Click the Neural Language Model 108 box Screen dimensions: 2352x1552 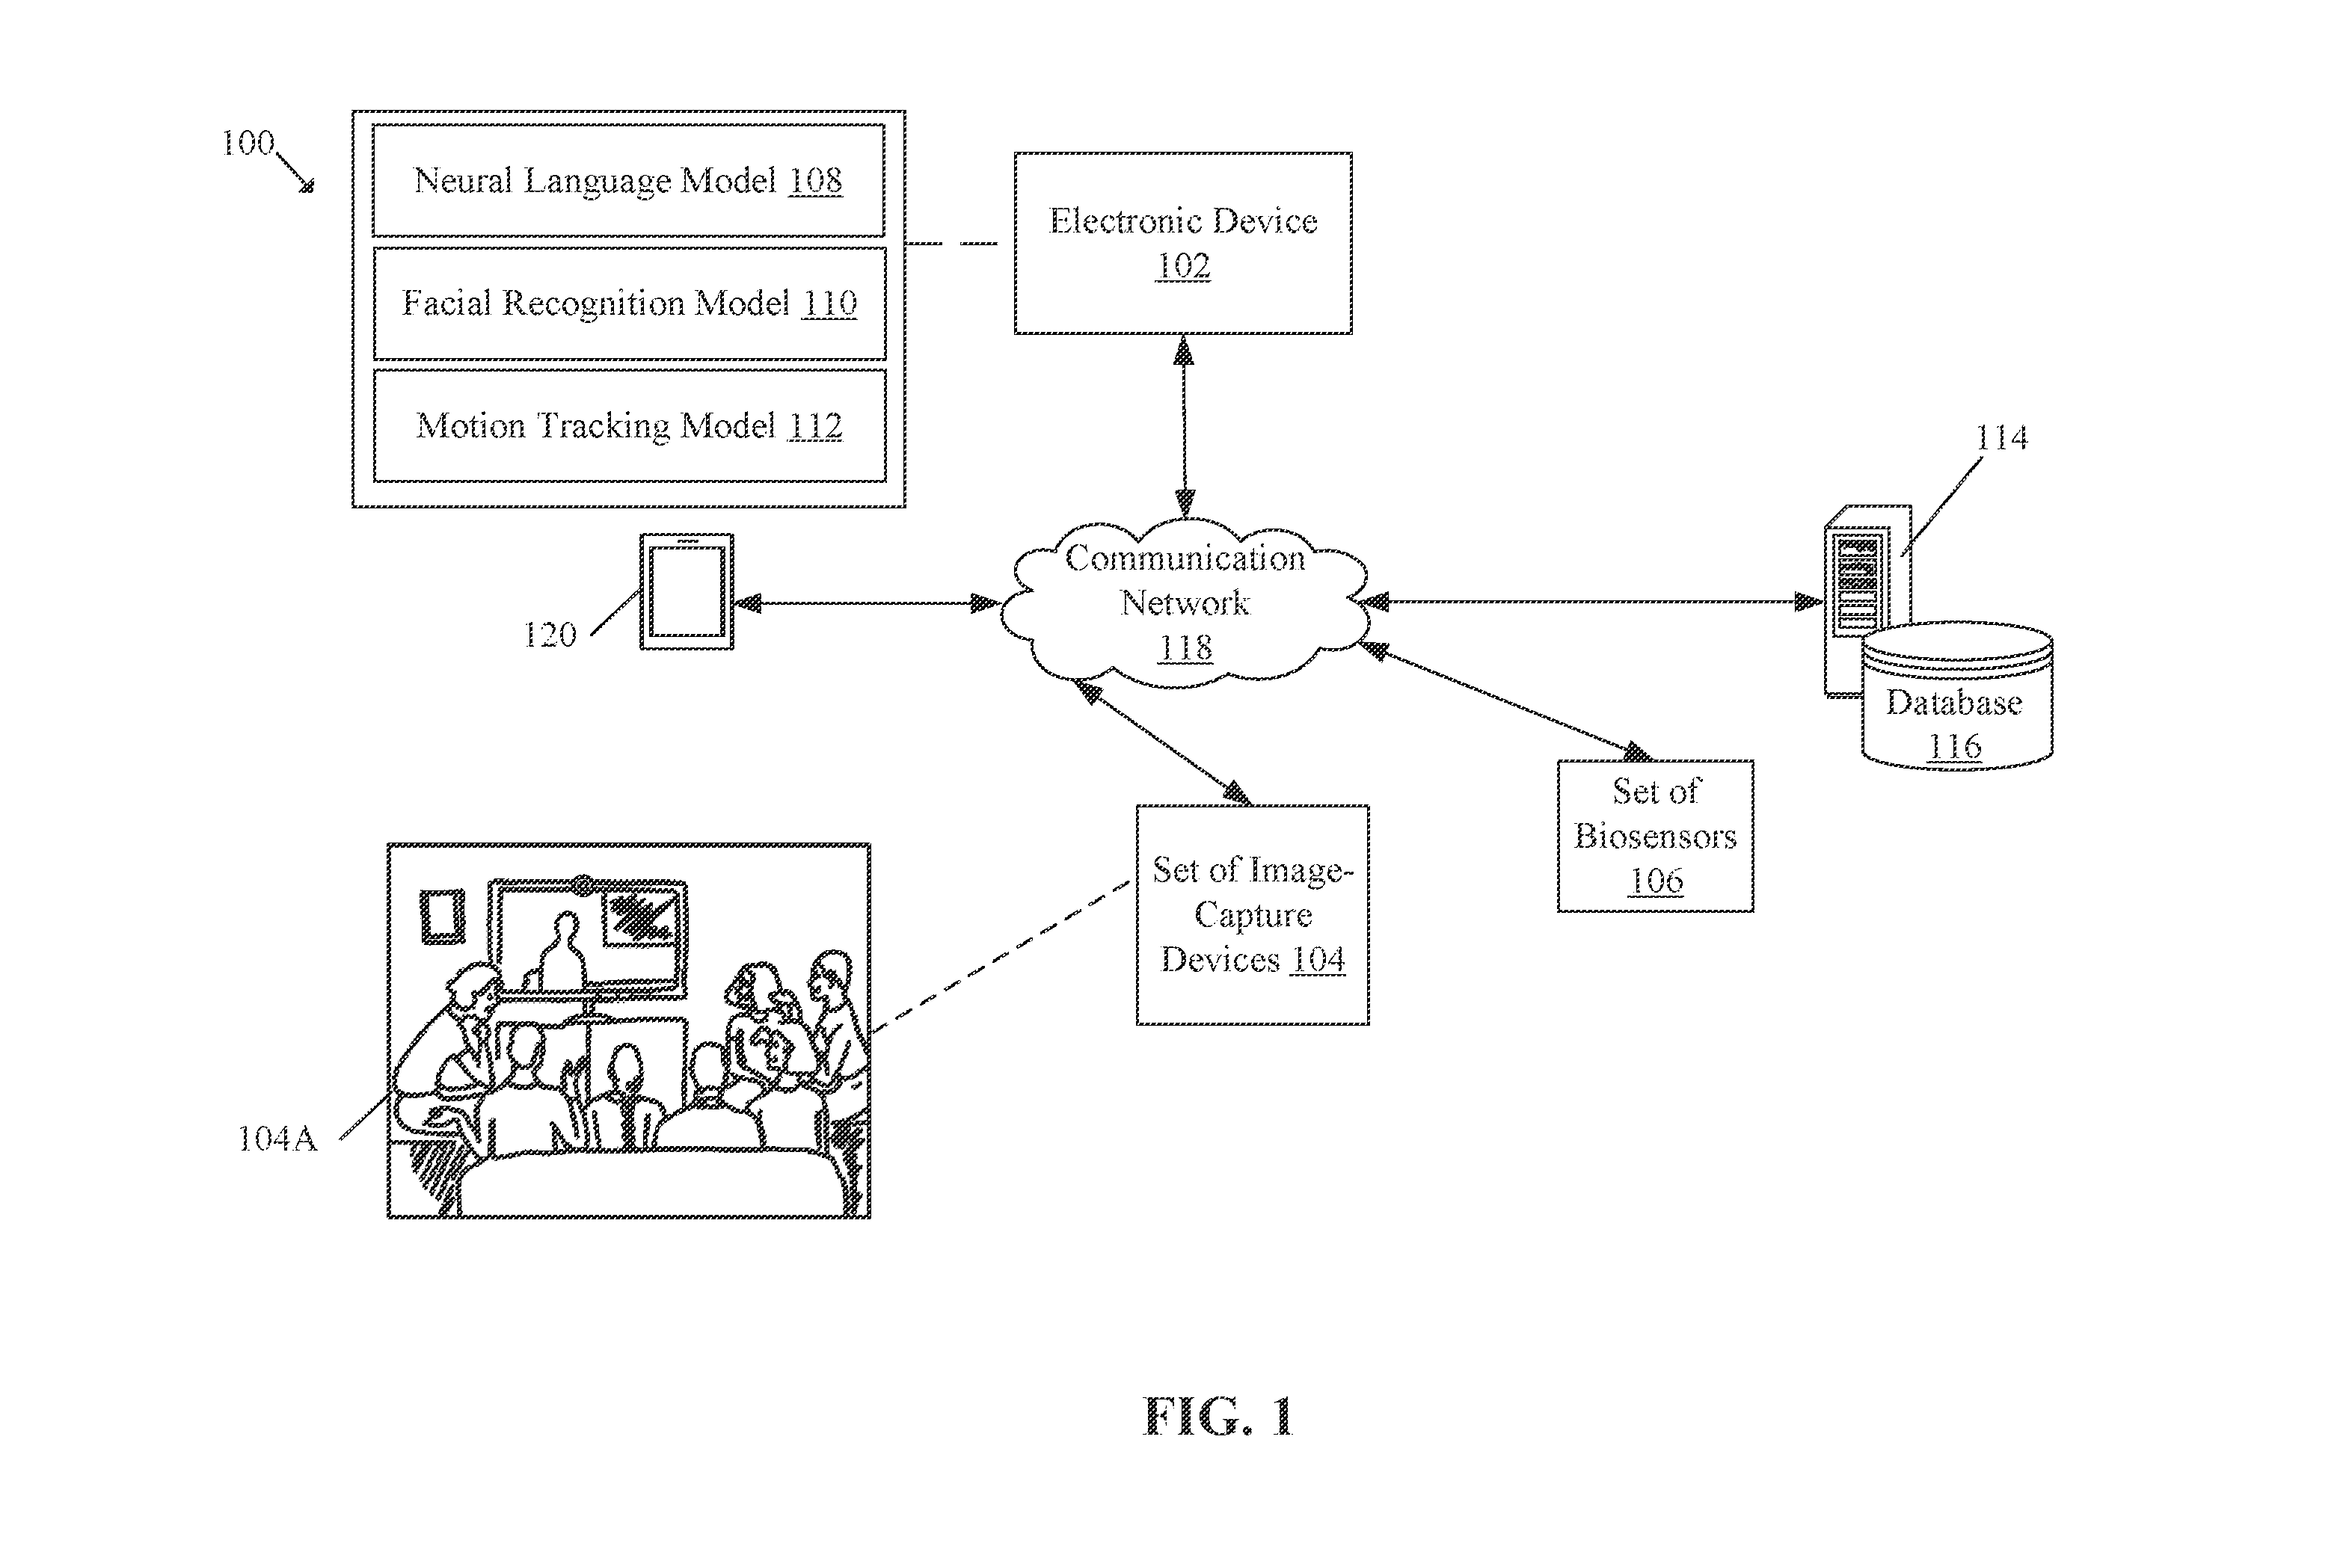click(629, 180)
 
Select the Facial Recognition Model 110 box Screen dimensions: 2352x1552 click(630, 303)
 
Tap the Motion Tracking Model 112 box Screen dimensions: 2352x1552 click(630, 425)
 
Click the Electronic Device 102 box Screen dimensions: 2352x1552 click(1183, 244)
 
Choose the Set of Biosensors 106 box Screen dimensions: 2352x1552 click(1655, 837)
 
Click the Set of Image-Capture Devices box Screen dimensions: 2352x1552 click(1252, 914)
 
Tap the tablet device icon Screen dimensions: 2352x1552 click(687, 592)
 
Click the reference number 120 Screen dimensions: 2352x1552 click(550, 635)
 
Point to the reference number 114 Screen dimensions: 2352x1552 click(2001, 437)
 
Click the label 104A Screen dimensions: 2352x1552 click(277, 1139)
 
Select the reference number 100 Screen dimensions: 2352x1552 click(248, 144)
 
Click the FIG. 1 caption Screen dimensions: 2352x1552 click(1218, 1417)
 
